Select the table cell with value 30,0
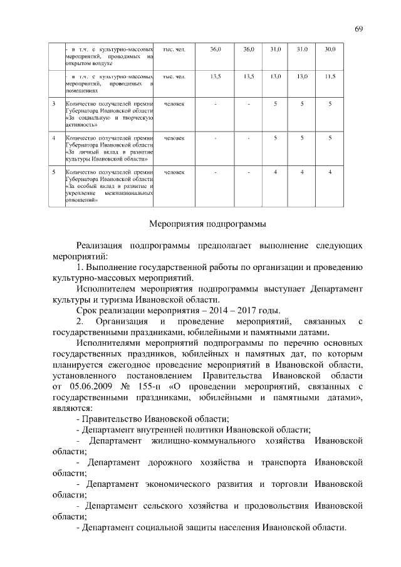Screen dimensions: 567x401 pos(330,49)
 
